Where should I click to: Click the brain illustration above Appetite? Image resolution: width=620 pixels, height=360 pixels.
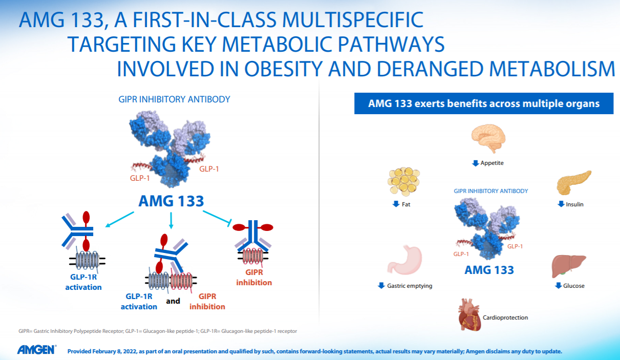coord(488,138)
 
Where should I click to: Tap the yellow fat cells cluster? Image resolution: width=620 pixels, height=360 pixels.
coord(404,180)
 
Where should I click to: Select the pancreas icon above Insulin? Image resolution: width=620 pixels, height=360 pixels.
coord(573,182)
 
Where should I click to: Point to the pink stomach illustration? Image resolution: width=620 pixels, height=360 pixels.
coord(404,260)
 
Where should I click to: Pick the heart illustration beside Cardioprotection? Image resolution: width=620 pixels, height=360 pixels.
coord(469,314)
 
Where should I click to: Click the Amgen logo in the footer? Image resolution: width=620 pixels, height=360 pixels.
coord(37,350)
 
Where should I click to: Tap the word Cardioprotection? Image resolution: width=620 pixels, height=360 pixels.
coord(505,317)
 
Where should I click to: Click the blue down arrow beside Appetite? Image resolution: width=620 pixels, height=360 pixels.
coord(475,163)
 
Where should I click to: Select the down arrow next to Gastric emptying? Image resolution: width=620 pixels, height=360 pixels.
coord(381,286)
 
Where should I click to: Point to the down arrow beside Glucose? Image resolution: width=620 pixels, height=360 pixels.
coord(558,286)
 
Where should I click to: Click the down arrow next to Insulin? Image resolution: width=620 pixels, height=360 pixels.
coord(561,204)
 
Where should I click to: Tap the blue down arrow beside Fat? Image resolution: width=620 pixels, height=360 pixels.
coord(396,204)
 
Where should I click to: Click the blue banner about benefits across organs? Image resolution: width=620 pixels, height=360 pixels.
coord(484,103)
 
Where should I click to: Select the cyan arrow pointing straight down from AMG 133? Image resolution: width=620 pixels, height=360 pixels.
coord(171,220)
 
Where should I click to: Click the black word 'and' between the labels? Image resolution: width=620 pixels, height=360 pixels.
coord(173,301)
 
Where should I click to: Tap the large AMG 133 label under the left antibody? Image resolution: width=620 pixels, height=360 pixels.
coord(171,201)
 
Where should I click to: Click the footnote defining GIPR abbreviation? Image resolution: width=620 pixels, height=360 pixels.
coord(158,331)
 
